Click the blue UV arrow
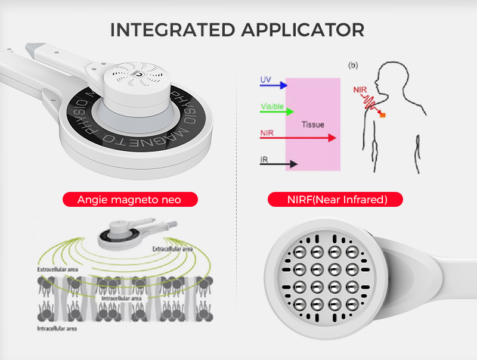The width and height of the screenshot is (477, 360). point(274,85)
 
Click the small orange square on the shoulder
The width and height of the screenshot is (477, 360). point(382,114)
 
